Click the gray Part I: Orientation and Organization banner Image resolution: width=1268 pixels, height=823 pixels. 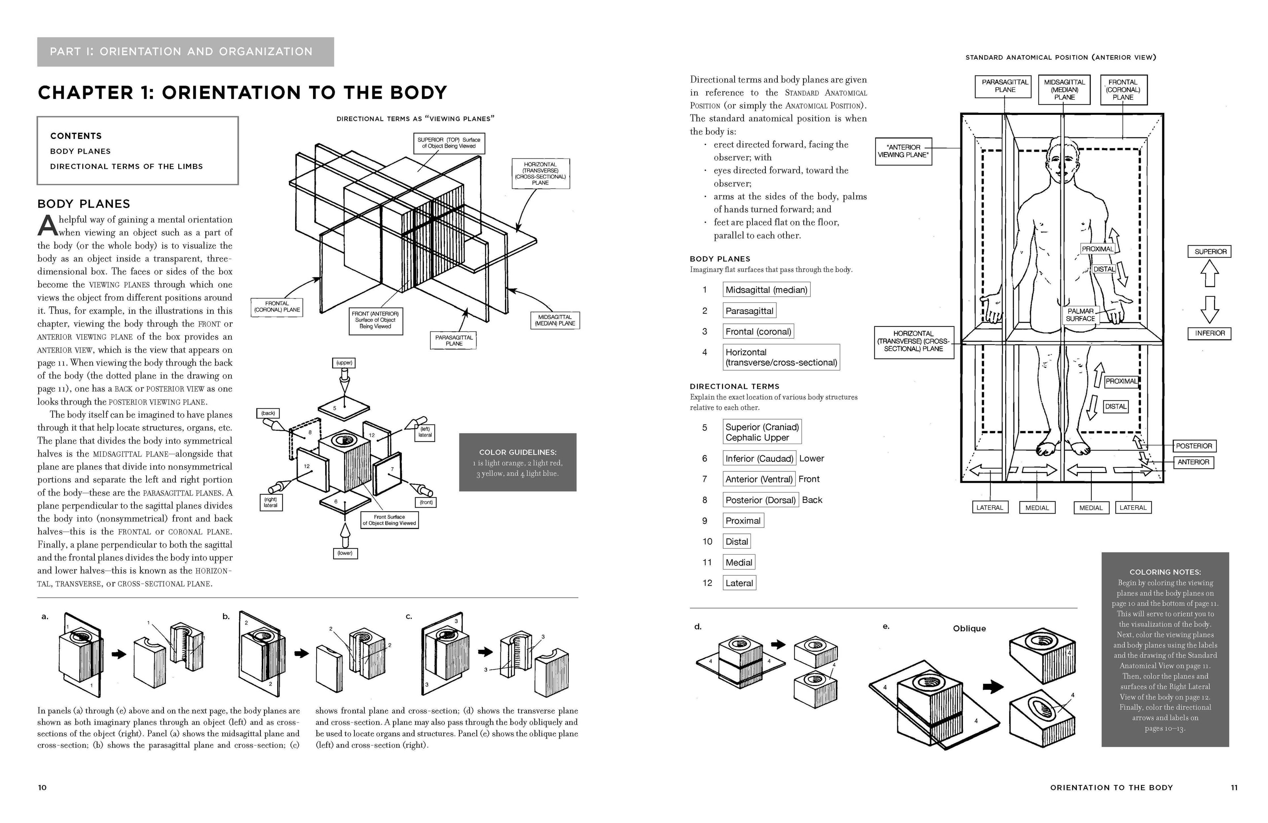click(x=185, y=52)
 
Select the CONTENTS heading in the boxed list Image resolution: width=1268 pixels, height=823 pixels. click(x=76, y=136)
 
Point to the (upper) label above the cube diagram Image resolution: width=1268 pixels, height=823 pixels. click(x=344, y=363)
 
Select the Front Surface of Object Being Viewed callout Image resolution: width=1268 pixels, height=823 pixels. click(x=389, y=520)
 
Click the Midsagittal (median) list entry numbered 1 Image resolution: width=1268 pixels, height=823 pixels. click(x=766, y=290)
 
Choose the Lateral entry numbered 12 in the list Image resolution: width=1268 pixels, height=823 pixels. click(x=739, y=583)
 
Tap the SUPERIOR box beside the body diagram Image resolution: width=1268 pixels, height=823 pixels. click(x=1210, y=252)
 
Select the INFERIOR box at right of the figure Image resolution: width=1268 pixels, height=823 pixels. click(x=1210, y=333)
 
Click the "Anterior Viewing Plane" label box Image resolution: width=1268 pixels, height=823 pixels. click(x=903, y=151)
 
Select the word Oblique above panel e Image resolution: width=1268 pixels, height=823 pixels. click(x=969, y=629)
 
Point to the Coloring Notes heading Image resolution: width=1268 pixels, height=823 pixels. click(x=1165, y=572)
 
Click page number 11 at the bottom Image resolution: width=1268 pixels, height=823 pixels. click(x=1234, y=787)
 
